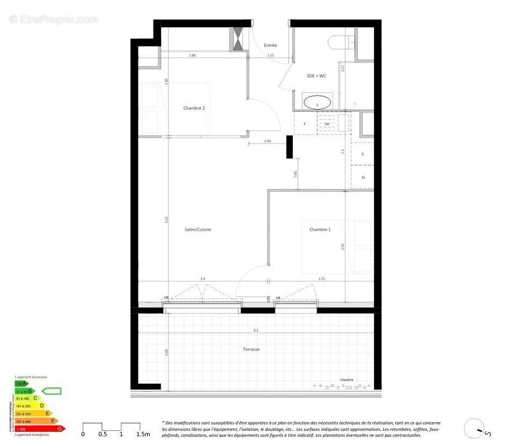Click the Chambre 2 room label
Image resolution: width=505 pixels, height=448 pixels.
point(197,108)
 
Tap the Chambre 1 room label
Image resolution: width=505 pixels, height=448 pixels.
point(320,230)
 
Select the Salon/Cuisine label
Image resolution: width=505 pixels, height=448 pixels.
point(198,230)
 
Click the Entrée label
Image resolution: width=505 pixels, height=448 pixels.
point(270,45)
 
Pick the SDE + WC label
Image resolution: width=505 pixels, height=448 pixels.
point(316,76)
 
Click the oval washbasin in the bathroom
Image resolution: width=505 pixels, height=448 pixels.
point(317,104)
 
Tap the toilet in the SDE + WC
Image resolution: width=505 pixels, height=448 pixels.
point(342,42)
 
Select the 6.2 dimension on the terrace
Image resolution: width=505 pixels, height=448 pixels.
point(256,330)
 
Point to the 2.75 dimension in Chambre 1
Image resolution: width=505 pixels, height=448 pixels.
point(321,278)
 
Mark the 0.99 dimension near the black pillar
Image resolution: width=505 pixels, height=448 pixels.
point(268,141)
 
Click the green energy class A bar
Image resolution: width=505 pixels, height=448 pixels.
point(21,384)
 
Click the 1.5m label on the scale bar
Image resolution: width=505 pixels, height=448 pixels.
point(143,434)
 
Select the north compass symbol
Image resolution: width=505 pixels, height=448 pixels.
point(475,430)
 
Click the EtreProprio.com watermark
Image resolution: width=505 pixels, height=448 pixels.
point(54,20)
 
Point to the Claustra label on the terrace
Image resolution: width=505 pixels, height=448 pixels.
point(347,380)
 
